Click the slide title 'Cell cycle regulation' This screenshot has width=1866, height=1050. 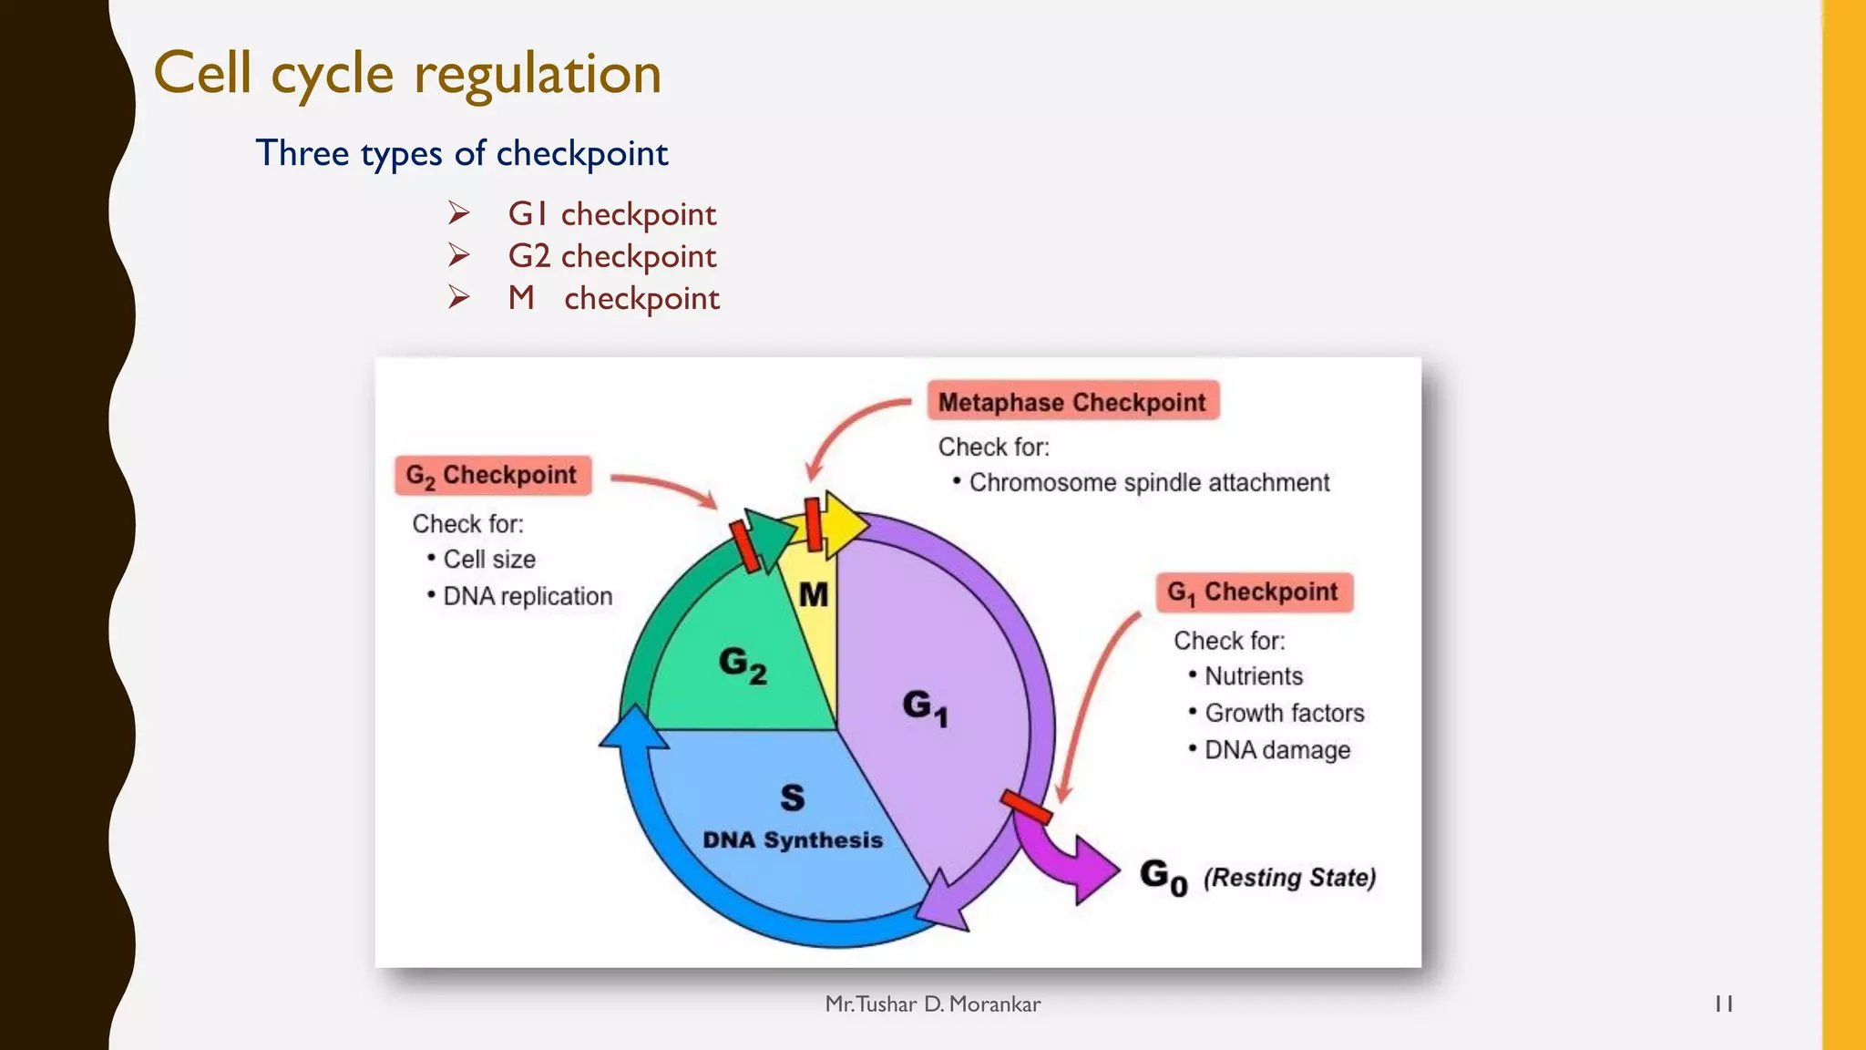(407, 73)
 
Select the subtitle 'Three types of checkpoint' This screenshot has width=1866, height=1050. (461, 153)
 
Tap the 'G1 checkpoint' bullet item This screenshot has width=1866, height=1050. (611, 214)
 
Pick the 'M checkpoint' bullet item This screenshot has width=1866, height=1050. (613, 298)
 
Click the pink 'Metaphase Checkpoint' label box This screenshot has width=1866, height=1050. (1072, 402)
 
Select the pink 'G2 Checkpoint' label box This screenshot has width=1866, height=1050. (492, 476)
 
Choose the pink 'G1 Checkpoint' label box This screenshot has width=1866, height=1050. (1254, 592)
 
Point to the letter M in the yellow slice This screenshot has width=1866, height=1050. (813, 595)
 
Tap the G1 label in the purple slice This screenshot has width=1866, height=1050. (925, 706)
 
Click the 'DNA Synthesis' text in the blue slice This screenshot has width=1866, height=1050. (792, 839)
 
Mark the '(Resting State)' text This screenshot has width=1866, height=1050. (1288, 878)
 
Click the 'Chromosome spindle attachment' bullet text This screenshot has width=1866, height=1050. (1148, 483)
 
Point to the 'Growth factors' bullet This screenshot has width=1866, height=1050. (1284, 713)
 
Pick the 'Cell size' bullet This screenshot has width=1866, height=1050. (488, 560)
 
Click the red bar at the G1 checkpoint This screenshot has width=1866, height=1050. (1026, 806)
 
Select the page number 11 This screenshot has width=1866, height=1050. (1723, 1004)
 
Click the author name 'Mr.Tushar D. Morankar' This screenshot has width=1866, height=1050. (932, 1004)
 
